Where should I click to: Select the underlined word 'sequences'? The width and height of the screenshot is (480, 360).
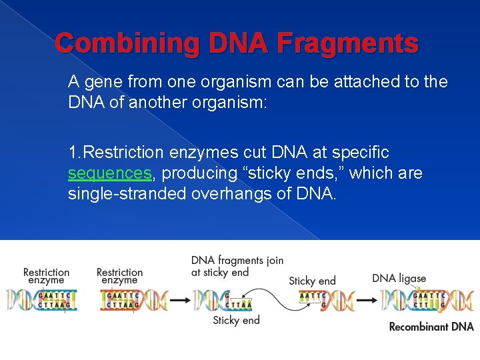110,173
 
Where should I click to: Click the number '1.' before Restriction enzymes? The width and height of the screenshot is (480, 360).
75,153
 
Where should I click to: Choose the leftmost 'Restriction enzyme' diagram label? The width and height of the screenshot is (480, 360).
46,276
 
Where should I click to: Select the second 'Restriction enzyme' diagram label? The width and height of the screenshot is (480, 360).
119,276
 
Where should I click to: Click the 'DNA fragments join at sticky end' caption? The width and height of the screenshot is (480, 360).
237,266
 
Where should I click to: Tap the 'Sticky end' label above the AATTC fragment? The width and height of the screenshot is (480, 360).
312,281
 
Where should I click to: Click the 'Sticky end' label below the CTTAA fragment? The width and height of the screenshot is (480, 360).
236,321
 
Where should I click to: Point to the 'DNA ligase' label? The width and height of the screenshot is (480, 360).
399,278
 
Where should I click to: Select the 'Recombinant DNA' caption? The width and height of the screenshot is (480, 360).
431,327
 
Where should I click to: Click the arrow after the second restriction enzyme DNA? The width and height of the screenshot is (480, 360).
179,301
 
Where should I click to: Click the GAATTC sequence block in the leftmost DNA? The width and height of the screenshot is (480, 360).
53,296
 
